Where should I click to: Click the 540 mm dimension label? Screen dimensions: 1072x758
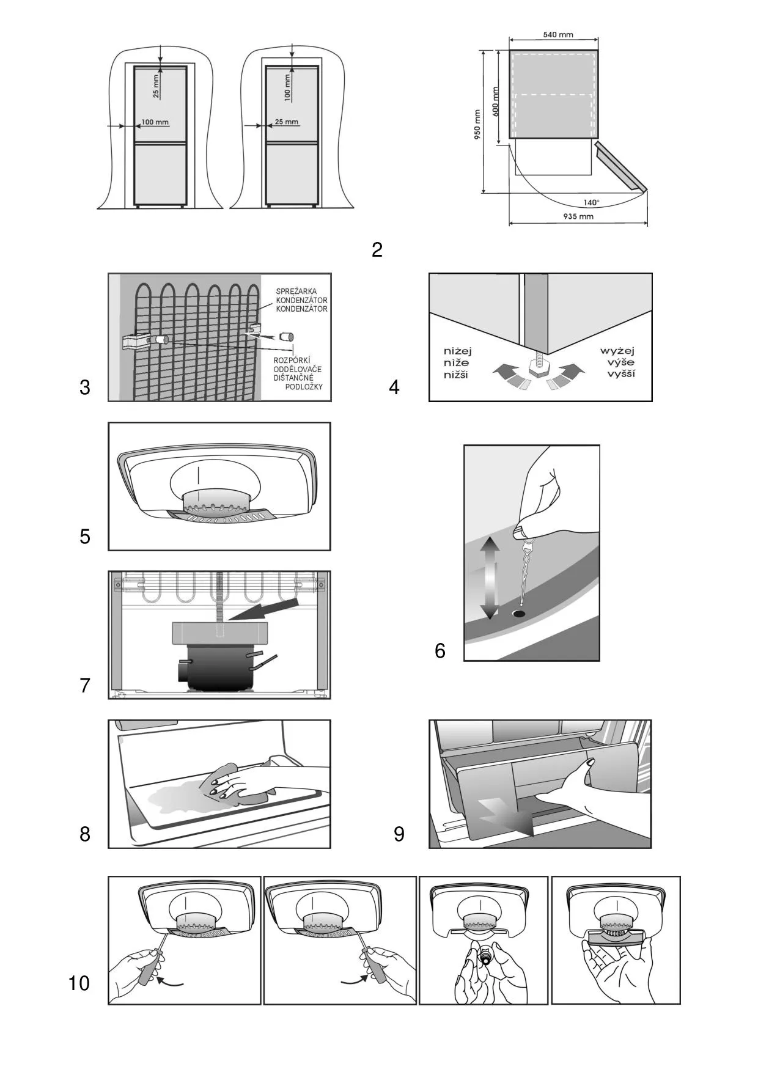point(557,35)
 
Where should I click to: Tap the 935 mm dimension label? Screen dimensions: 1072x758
point(578,216)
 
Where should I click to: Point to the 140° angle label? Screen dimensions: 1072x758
point(591,202)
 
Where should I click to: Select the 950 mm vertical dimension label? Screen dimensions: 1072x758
point(478,124)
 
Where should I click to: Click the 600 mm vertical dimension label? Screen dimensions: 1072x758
point(496,101)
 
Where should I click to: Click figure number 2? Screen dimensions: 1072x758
point(377,250)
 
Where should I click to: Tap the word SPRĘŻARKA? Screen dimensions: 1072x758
point(296,292)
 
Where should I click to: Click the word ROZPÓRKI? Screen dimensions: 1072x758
point(292,361)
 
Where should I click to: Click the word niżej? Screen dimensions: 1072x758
point(458,351)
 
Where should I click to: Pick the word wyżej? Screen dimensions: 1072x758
point(617,351)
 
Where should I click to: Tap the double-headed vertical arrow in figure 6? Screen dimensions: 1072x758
point(490,578)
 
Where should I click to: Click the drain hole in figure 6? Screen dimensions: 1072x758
point(520,612)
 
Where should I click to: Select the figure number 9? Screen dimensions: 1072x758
point(399,834)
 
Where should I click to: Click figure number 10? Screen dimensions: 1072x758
point(79,983)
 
